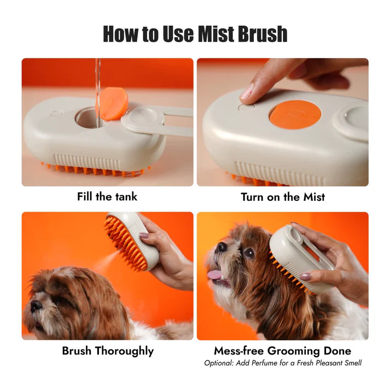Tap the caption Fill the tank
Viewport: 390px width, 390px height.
pyautogui.click(x=107, y=197)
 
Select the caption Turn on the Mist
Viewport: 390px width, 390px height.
pyautogui.click(x=282, y=197)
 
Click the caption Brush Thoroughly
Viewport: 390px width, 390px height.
pyautogui.click(x=107, y=351)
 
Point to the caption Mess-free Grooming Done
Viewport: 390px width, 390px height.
pyautogui.click(x=282, y=351)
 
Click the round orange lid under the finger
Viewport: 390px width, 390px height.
pyautogui.click(x=295, y=115)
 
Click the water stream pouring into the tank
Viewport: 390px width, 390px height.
pyautogui.click(x=98, y=82)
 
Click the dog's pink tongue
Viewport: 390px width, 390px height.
pyautogui.click(x=215, y=275)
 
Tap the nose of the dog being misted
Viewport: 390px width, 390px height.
pyautogui.click(x=34, y=305)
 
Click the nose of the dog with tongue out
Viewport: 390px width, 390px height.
pyautogui.click(x=221, y=247)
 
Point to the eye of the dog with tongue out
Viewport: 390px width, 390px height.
pyautogui.click(x=249, y=253)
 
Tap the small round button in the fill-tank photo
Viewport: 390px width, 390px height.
pyautogui.click(x=56, y=114)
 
